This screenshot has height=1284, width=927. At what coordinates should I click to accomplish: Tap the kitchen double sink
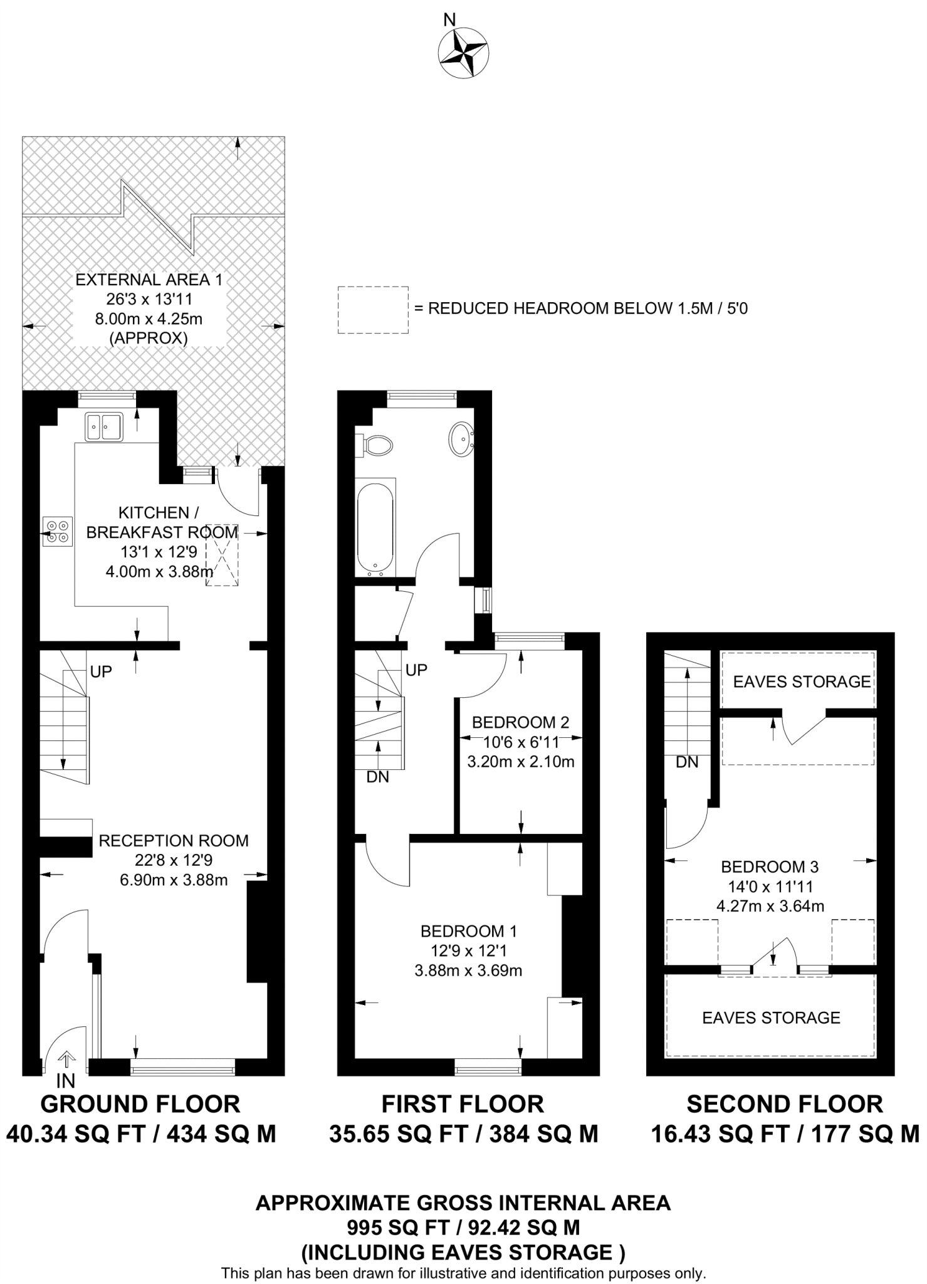tap(105, 427)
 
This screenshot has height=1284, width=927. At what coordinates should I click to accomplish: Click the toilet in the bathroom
tap(377, 445)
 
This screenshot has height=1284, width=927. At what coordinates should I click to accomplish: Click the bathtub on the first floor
tap(375, 529)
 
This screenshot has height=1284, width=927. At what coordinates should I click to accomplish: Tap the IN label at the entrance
tap(65, 1080)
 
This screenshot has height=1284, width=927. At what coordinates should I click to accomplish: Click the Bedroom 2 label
tap(520, 722)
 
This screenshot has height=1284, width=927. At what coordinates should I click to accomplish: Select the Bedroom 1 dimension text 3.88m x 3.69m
tap(468, 971)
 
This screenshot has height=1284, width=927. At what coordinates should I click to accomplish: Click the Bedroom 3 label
tap(770, 867)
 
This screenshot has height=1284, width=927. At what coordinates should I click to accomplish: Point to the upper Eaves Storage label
tap(802, 681)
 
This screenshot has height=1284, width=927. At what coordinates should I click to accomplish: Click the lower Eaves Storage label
tap(771, 1018)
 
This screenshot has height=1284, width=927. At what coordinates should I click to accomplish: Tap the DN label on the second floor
tap(687, 762)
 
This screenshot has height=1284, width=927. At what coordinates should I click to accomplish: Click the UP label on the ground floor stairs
tap(101, 671)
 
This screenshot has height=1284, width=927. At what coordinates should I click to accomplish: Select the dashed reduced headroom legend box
tap(372, 310)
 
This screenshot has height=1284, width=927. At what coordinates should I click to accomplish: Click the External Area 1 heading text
tap(149, 280)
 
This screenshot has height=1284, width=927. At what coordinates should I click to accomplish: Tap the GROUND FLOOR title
tap(140, 1104)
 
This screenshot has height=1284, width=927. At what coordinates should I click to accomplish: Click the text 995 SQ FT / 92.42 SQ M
tap(463, 1226)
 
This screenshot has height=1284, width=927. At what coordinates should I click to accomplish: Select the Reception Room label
tap(174, 841)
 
